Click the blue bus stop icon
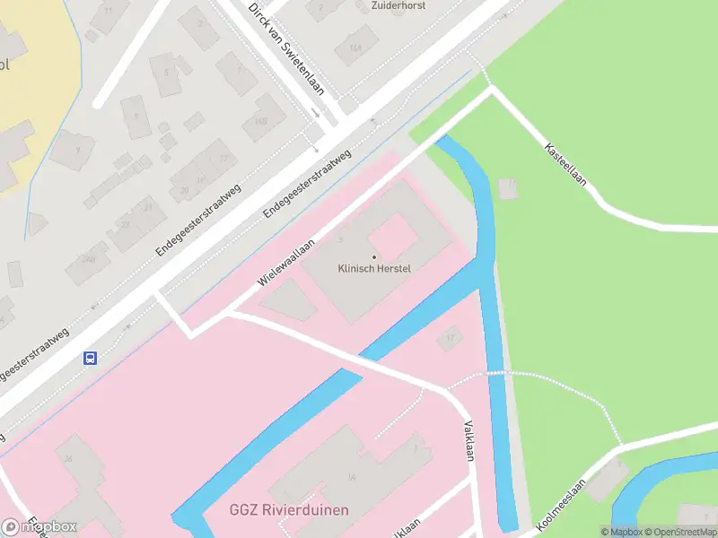[91, 358]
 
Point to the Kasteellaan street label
[565, 163]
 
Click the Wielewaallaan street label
[287, 262]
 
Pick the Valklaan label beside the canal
[467, 440]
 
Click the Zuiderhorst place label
[398, 5]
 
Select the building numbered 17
[451, 338]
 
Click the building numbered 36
[70, 458]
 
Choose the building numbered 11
[109, 11]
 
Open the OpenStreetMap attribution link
[679, 532]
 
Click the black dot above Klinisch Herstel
[374, 258]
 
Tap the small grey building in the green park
[509, 188]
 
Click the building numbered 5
[166, 72]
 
